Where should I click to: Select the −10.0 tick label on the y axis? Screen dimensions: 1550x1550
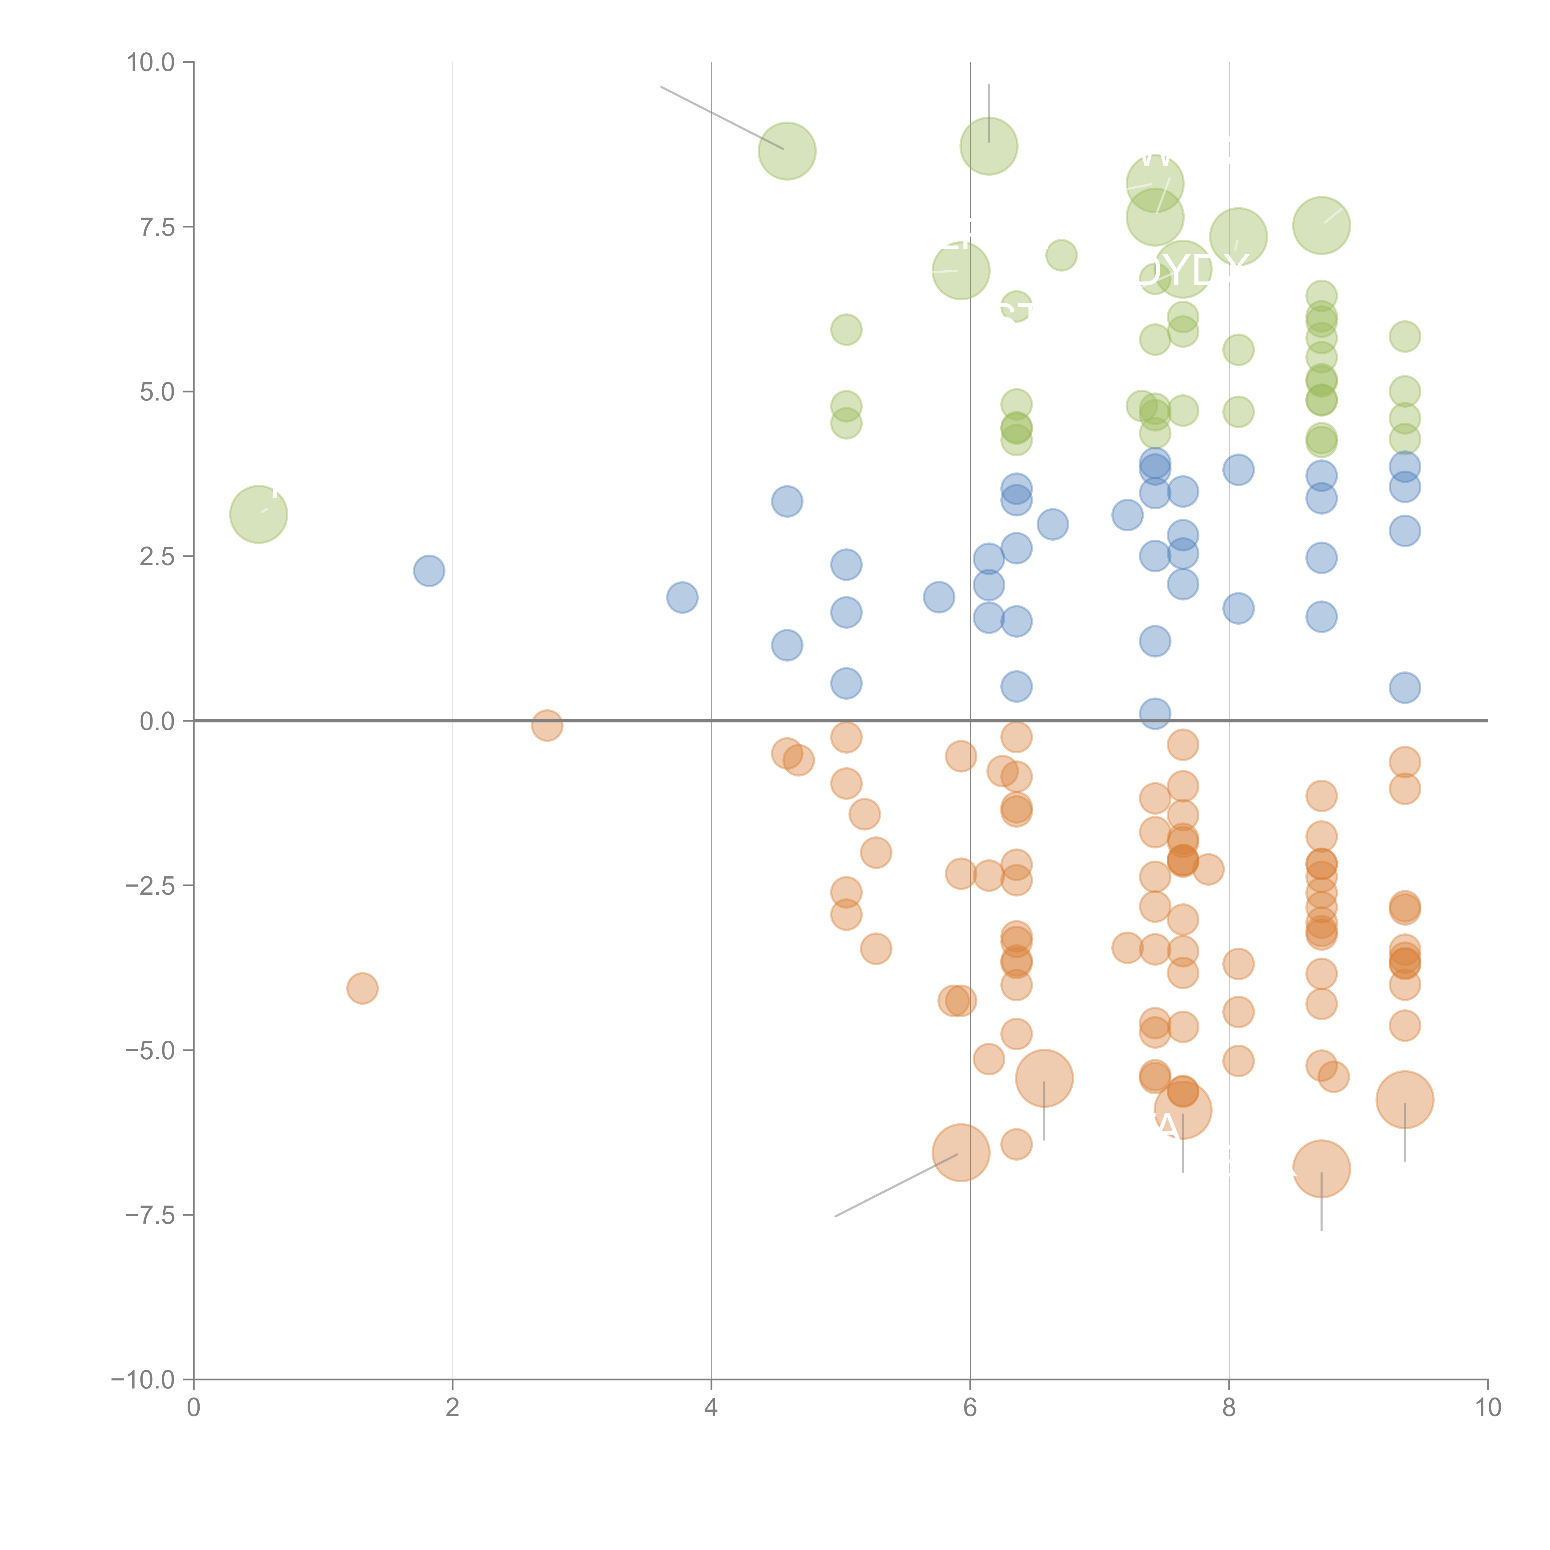[x=143, y=1380]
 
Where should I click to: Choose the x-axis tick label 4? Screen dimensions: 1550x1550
[x=711, y=1408]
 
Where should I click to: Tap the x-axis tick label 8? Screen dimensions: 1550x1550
[x=1228, y=1408]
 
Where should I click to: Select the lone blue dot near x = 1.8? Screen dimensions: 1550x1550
[x=429, y=570]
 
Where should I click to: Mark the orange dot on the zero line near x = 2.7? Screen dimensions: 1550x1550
[x=546, y=725]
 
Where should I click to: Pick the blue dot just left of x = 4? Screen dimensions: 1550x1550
[x=682, y=597]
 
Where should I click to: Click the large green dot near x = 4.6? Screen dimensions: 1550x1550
[x=787, y=151]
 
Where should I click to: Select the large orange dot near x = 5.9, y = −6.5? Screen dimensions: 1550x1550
[x=960, y=1153]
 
